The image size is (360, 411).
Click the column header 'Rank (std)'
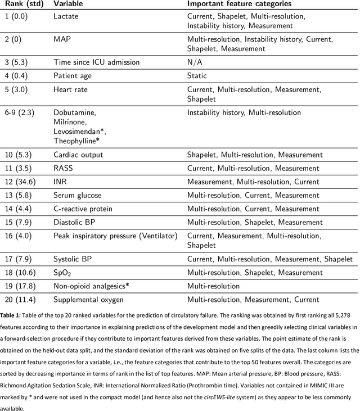(24, 4)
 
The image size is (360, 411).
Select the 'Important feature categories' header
(243, 4)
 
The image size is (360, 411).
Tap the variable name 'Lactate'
(66, 17)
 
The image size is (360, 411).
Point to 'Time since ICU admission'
(96, 62)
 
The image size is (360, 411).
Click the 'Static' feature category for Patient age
(197, 75)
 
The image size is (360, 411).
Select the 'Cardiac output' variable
(78, 155)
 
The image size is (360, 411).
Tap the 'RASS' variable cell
(63, 168)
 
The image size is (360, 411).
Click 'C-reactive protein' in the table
(83, 209)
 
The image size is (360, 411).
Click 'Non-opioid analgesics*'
(91, 286)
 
